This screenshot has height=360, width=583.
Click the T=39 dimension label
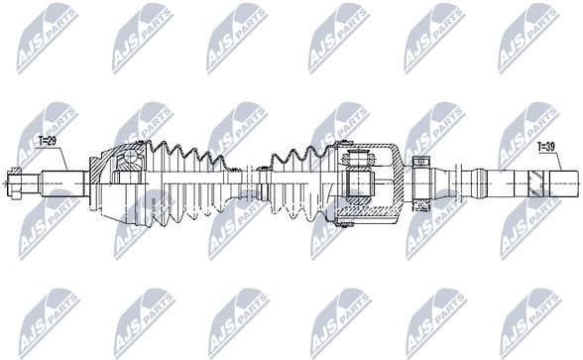pyautogui.click(x=547, y=148)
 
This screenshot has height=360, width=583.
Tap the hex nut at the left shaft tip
pyautogui.click(x=17, y=182)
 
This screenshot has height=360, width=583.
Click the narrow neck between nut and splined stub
pyautogui.click(x=35, y=182)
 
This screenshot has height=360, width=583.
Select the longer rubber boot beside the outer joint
pyautogui.click(x=193, y=183)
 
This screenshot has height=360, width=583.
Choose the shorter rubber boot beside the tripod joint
pyautogui.click(x=297, y=183)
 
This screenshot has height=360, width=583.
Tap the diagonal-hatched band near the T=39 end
pyautogui.click(x=536, y=183)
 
